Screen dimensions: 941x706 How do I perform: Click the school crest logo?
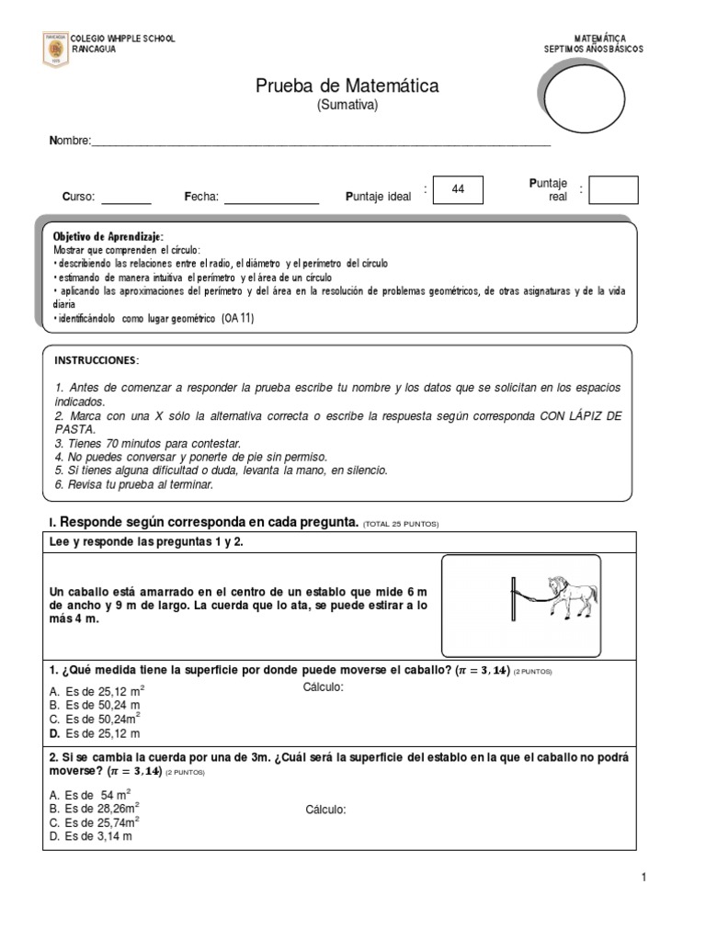(x=55, y=49)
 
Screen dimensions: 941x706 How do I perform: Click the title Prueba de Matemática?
(x=347, y=86)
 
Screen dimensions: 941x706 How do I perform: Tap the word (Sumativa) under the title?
(x=347, y=105)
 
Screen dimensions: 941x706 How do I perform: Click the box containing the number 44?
(x=457, y=189)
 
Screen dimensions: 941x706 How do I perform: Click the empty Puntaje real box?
(x=613, y=190)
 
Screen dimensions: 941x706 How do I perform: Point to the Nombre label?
(x=69, y=141)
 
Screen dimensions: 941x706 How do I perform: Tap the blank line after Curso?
(x=126, y=197)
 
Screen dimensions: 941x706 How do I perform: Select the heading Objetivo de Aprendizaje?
(x=108, y=237)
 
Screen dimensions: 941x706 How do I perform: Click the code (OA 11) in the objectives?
(x=237, y=319)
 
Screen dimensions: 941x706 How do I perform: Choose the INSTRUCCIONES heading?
(x=97, y=359)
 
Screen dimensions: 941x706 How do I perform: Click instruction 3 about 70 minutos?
(x=147, y=443)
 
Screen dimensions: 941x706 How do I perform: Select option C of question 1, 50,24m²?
(x=96, y=719)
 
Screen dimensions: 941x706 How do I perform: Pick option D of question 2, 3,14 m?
(x=92, y=836)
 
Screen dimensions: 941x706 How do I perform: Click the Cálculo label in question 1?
(x=323, y=688)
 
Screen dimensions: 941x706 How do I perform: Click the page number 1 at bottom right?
(x=644, y=878)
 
